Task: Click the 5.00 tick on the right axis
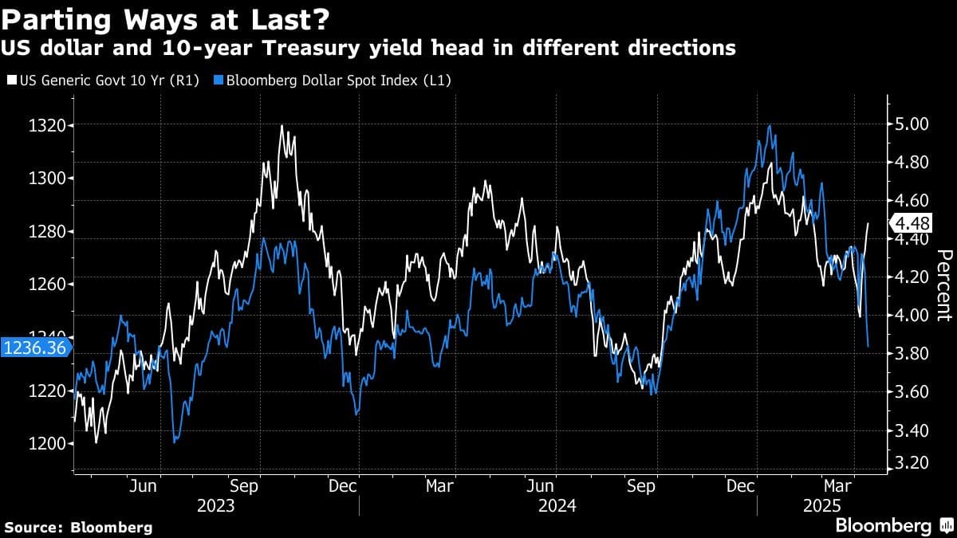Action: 912,124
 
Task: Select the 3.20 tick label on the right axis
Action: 912,463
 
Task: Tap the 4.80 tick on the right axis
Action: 912,163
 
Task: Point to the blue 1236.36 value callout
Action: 35,348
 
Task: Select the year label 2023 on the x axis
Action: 217,505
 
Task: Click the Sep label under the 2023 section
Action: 243,485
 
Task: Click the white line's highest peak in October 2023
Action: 282,126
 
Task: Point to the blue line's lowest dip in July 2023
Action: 175,441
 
